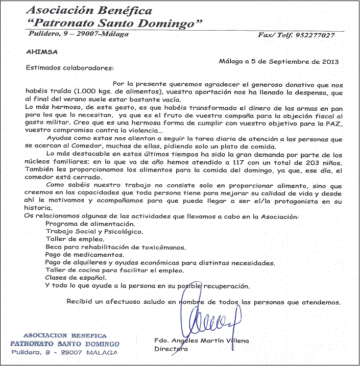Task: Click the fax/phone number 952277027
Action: (315, 35)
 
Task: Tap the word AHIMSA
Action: (40, 52)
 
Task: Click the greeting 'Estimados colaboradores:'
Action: (69, 67)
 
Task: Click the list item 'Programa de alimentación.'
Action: (90, 224)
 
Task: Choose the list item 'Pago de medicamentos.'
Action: (85, 254)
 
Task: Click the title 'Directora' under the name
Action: (171, 349)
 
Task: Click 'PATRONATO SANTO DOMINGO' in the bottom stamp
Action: (65, 344)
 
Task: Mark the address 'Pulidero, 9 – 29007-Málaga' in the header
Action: (78, 34)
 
